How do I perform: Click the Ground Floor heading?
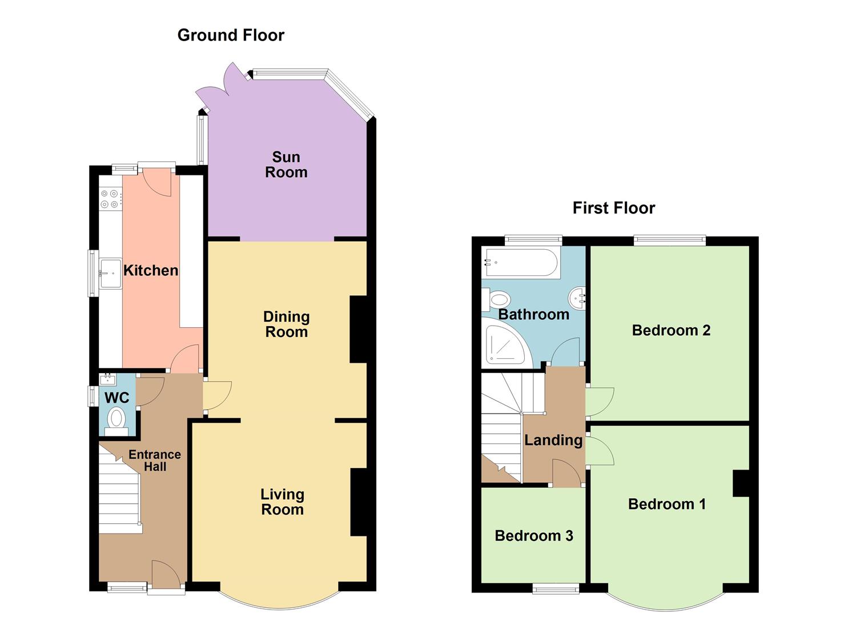click(x=231, y=35)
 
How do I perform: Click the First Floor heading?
click(x=614, y=208)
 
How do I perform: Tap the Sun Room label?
click(x=286, y=165)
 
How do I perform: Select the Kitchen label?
click(x=151, y=270)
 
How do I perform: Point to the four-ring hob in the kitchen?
click(x=111, y=199)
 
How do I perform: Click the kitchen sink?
click(x=110, y=273)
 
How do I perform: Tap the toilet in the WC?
click(x=116, y=421)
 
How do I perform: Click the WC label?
click(x=117, y=398)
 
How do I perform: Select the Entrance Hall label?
click(x=155, y=460)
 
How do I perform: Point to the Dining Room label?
click(x=287, y=324)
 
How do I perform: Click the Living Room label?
click(x=283, y=502)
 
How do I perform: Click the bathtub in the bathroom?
click(x=521, y=262)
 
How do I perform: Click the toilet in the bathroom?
click(x=496, y=300)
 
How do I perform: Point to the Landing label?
click(x=553, y=440)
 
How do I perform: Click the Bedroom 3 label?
click(x=534, y=535)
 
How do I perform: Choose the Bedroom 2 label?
click(x=671, y=330)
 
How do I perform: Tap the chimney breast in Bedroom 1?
click(x=741, y=483)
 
